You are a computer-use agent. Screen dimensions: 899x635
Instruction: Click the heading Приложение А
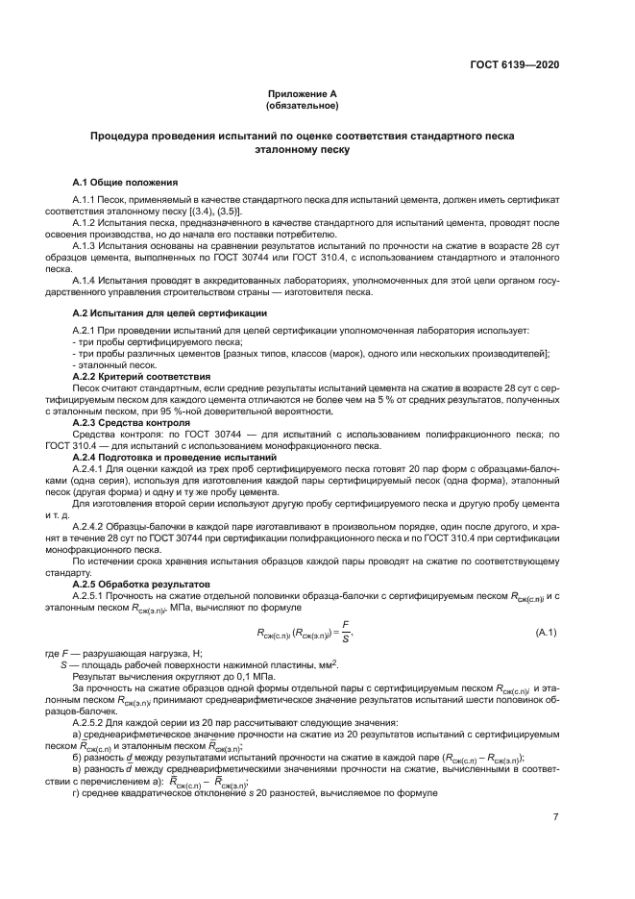303,94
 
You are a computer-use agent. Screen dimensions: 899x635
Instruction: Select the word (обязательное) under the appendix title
303,106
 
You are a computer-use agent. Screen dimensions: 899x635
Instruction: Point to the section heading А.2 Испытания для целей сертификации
170,313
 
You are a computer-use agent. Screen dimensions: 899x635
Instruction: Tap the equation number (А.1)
550,631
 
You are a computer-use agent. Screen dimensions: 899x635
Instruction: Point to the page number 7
555,817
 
